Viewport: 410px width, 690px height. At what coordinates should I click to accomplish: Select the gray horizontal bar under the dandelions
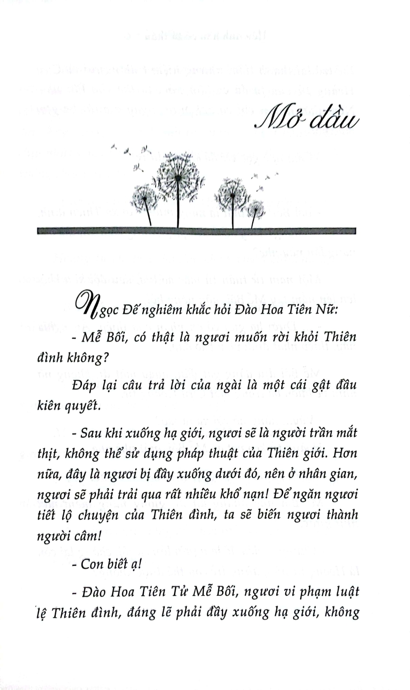coord(196,231)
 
